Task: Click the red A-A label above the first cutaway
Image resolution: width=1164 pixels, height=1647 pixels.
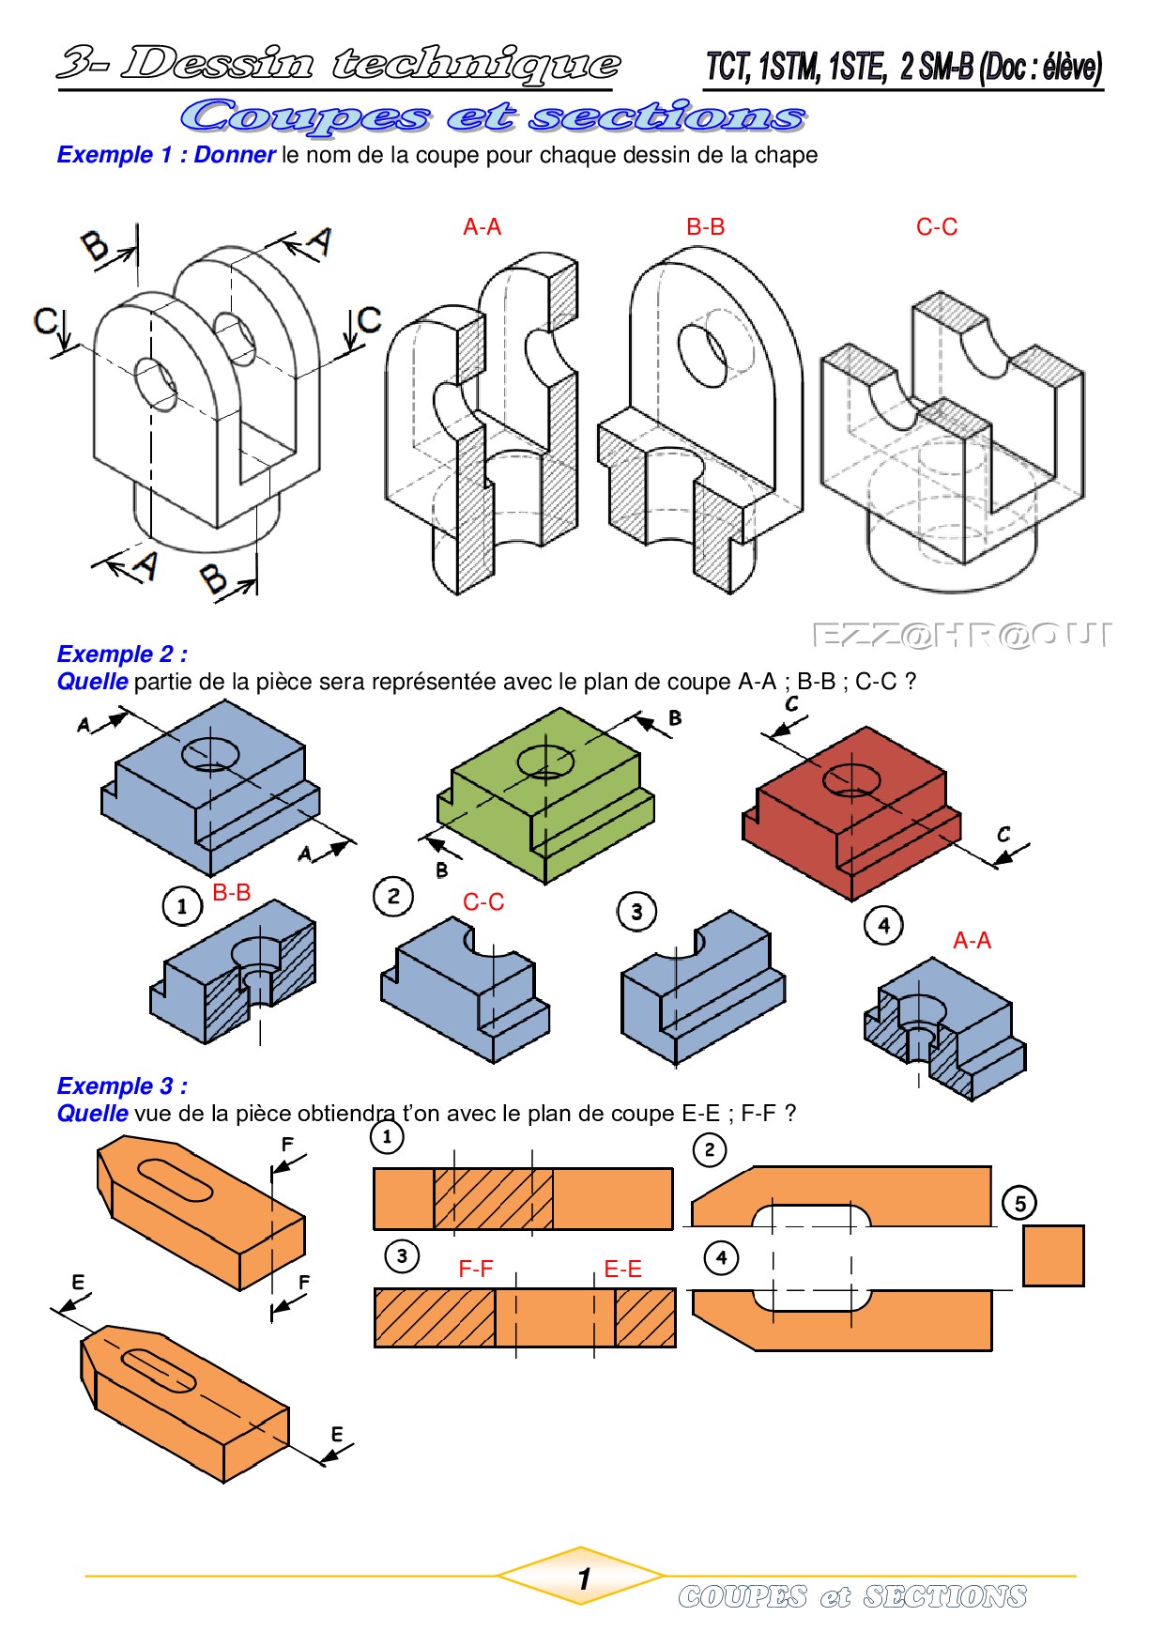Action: pos(482,227)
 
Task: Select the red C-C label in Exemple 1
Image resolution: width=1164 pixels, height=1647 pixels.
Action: pos(937,227)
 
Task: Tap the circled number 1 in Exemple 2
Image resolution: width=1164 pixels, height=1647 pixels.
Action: pos(182,906)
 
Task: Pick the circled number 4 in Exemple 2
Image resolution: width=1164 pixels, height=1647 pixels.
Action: pos(883,925)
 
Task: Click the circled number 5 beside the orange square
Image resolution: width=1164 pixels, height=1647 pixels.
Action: pos(1019,1203)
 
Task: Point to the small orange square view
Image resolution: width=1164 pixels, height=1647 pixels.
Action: pos(1053,1255)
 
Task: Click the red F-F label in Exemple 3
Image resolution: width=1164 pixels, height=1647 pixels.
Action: pos(476,1270)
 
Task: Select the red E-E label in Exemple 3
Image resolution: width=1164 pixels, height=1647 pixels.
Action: pos(622,1270)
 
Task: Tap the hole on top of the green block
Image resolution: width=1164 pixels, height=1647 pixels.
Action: pos(545,762)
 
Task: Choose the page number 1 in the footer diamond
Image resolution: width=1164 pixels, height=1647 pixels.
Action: pos(584,1579)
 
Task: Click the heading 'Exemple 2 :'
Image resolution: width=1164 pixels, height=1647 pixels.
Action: pos(122,654)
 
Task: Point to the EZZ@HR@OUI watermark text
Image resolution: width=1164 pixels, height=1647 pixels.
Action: pos(960,636)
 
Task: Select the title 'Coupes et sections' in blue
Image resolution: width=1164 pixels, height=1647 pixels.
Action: pos(494,116)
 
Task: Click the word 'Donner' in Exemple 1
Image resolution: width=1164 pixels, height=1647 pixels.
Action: pos(235,155)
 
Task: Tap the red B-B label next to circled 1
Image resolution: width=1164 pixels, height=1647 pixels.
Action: pos(232,892)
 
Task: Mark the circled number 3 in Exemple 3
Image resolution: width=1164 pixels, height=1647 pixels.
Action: pos(402,1255)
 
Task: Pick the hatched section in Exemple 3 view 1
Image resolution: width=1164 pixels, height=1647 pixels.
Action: pos(494,1198)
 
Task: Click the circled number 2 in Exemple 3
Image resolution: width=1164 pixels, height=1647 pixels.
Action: pos(709,1149)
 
